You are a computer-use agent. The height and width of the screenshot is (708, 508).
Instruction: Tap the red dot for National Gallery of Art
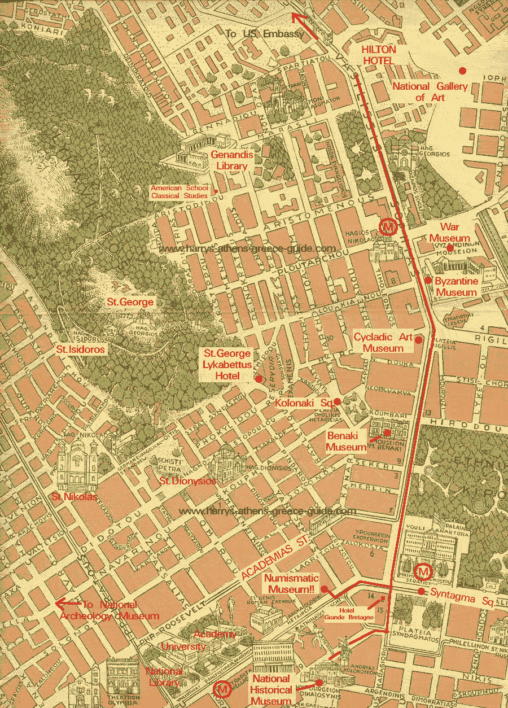[x=462, y=71]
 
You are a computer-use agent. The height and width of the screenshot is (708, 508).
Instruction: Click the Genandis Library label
[x=231, y=160]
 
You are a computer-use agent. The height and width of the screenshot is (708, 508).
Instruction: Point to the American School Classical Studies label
[x=179, y=191]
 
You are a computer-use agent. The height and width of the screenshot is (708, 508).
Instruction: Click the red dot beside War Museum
[x=450, y=247]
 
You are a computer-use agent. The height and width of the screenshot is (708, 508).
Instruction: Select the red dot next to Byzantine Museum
[x=428, y=280]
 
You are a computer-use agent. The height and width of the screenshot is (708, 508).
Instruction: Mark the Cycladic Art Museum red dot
[x=418, y=340]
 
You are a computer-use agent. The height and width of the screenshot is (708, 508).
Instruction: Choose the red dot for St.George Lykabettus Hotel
[x=259, y=379]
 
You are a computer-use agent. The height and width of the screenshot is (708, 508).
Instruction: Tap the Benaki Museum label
[x=347, y=442]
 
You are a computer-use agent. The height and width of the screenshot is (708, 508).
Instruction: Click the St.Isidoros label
[x=80, y=349]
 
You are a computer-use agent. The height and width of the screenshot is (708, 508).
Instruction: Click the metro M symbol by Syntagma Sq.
[x=424, y=572]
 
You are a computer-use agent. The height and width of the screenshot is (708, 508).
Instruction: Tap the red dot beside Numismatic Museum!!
[x=325, y=589]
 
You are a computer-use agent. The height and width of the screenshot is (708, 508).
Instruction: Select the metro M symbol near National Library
[x=222, y=690]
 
